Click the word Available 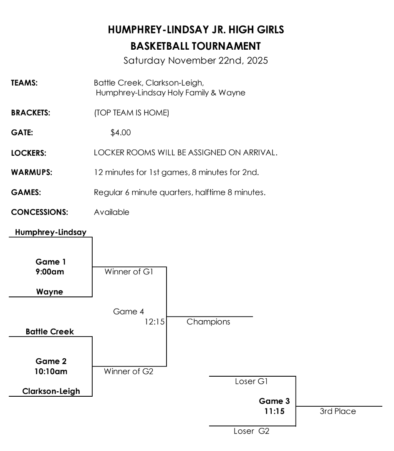[111, 212]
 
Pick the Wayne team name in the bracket [50, 292]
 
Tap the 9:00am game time [51, 271]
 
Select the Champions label [208, 322]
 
